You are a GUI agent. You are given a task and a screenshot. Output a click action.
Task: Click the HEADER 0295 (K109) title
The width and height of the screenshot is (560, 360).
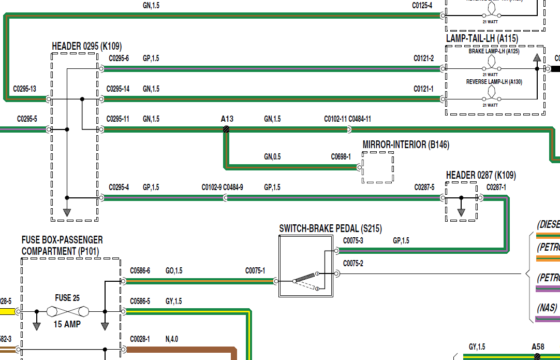click(87, 47)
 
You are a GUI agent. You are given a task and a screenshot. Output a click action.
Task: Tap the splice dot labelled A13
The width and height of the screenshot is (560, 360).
click(226, 129)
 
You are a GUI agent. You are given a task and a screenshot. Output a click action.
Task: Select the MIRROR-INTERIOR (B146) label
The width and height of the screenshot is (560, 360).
click(406, 145)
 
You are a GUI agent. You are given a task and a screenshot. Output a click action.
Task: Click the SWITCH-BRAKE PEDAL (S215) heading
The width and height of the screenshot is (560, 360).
click(331, 228)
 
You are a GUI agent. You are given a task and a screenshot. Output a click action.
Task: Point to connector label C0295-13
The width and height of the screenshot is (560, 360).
click(24, 89)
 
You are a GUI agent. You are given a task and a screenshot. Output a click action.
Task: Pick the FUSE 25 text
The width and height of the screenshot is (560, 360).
click(67, 298)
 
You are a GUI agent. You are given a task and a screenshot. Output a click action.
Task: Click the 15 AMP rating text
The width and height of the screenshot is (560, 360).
click(67, 324)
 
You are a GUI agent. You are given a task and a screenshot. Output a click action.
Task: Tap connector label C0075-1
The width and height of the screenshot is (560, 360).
click(255, 271)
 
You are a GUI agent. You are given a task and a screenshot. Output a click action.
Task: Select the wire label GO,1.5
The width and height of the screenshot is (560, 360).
click(174, 271)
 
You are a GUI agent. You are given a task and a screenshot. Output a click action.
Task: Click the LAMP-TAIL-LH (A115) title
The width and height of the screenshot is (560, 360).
click(482, 38)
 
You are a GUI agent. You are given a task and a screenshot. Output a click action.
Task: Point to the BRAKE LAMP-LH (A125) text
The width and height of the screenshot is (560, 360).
click(494, 52)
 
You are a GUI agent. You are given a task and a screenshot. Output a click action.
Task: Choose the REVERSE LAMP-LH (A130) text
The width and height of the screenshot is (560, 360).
click(494, 82)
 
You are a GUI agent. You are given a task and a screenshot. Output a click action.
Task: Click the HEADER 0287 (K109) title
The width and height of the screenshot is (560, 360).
click(481, 176)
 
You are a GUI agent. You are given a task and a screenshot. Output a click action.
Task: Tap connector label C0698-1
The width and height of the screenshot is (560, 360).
click(341, 156)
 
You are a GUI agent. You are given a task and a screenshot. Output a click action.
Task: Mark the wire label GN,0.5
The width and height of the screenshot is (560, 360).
click(272, 156)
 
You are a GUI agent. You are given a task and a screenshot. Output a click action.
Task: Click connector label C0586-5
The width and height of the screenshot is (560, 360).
click(140, 301)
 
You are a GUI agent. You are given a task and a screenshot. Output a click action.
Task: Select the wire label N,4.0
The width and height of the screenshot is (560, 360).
click(172, 339)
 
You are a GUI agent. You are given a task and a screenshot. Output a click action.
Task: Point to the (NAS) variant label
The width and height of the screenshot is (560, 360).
click(548, 308)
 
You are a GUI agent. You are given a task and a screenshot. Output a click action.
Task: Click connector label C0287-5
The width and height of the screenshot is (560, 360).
click(424, 187)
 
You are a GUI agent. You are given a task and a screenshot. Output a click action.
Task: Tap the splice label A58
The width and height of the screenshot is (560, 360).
click(538, 347)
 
